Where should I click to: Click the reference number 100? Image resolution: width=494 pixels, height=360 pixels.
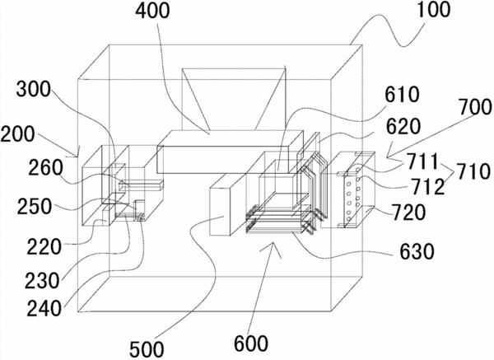pos(433,9)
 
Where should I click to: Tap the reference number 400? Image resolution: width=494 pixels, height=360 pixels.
pos(152,11)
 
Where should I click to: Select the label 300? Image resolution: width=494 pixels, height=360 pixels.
pos(34,89)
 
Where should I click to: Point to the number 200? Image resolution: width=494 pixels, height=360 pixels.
pos(17,134)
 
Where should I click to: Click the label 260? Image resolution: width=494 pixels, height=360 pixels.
pos(45,168)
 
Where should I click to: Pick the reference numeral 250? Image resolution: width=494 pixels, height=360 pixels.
pos(35,207)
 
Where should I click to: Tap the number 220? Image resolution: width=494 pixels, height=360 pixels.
pos(44,247)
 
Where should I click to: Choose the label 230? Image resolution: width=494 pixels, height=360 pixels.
pos(42,281)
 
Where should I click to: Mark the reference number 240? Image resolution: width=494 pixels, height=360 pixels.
pos(44,308)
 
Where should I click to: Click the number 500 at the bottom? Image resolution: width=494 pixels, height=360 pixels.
pos(147,349)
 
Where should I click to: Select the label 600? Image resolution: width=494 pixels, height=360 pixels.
pos(251,344)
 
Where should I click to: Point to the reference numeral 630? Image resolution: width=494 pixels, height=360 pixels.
pos(417,251)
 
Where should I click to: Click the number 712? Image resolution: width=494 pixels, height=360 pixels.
pos(426,187)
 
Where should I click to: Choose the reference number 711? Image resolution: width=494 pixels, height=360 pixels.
pos(422,161)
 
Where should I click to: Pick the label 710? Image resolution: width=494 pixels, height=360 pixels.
pos(473,172)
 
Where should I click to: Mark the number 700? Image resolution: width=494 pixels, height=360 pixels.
pos(475,106)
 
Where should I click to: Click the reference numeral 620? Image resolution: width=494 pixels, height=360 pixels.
pos(403,126)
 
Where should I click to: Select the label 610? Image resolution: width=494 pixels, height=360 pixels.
pos(403,94)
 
